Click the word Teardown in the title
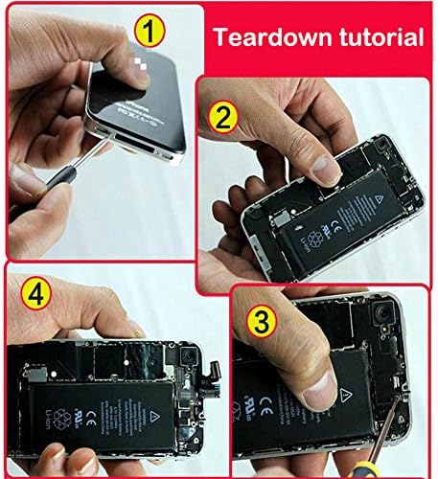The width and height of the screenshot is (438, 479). [x=268, y=38]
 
